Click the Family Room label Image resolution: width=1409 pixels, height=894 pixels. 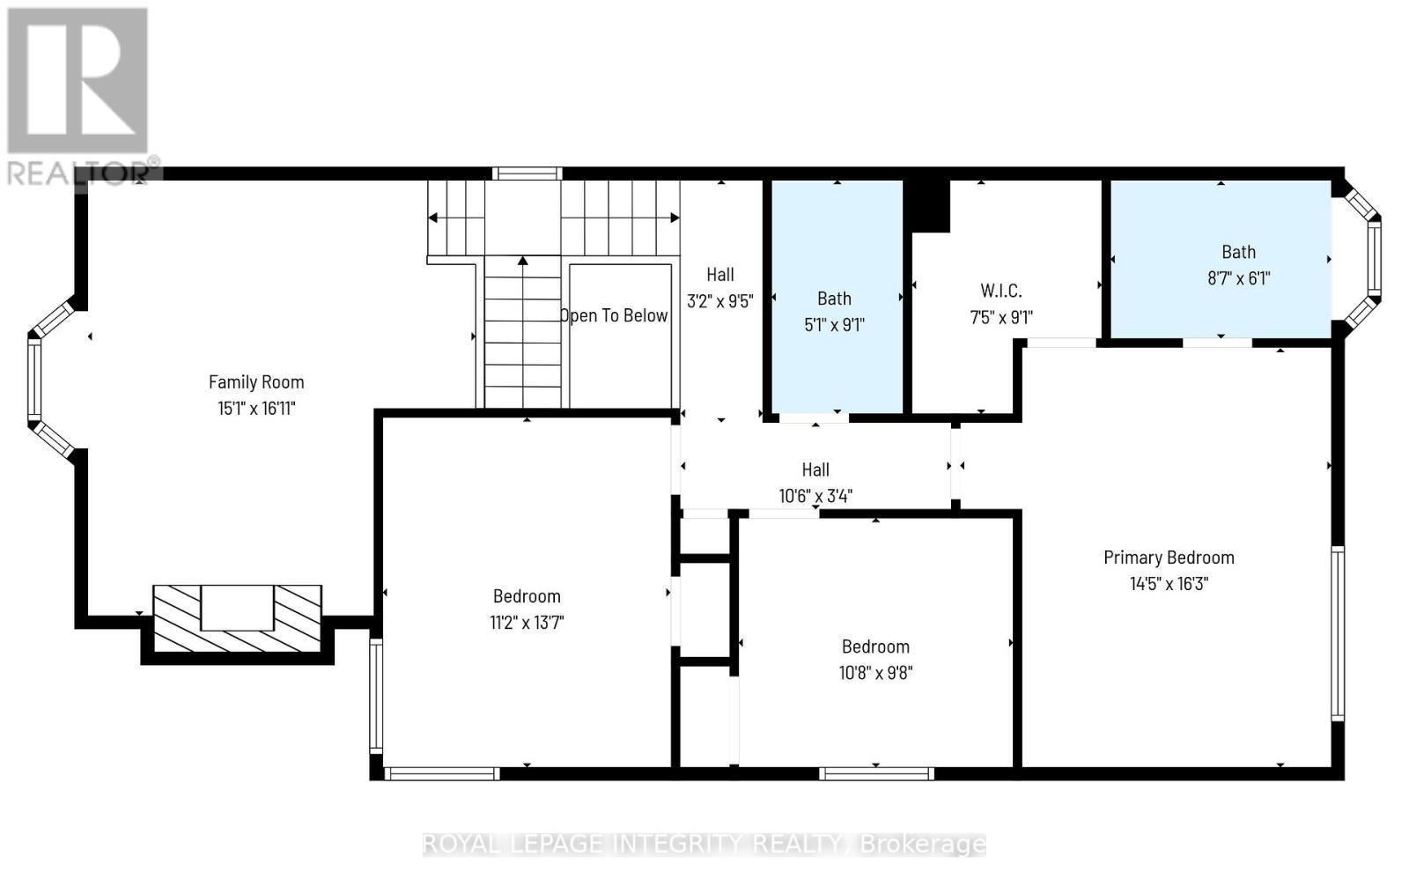256,381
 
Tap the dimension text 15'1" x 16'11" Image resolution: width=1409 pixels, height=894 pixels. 256,408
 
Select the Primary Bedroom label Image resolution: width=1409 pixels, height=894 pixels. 1169,557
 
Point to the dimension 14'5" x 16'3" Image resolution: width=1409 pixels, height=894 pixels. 1169,583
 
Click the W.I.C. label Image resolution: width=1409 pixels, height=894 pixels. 1001,291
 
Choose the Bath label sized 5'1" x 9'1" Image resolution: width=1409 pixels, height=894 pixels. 834,299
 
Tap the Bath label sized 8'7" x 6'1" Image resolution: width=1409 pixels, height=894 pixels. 1238,252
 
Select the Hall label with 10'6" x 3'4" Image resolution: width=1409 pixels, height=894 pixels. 815,469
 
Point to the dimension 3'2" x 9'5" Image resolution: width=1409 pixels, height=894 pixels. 719,301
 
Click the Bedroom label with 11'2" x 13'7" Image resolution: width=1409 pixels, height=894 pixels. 527,596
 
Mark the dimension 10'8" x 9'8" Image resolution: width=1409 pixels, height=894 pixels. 875,673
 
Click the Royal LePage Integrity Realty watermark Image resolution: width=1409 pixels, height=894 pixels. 704,844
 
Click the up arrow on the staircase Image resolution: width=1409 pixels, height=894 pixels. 523,262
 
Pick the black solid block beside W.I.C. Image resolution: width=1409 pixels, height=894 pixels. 930,205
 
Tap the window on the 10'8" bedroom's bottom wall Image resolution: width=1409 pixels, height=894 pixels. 875,774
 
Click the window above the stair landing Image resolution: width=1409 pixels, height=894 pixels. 527,174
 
